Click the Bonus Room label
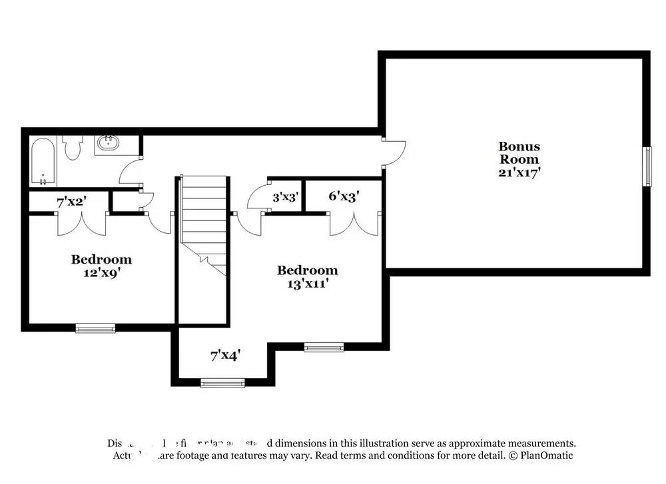point(519,152)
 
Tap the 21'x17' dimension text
point(519,172)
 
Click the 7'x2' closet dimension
point(71,201)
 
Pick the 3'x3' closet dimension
point(285,197)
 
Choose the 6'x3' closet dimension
point(344,196)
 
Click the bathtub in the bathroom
point(43,161)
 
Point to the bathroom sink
point(107,142)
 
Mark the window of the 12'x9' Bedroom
point(95,328)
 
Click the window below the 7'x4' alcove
point(222,383)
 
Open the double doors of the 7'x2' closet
point(81,224)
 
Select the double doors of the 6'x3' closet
point(354,224)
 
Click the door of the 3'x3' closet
point(256,197)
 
